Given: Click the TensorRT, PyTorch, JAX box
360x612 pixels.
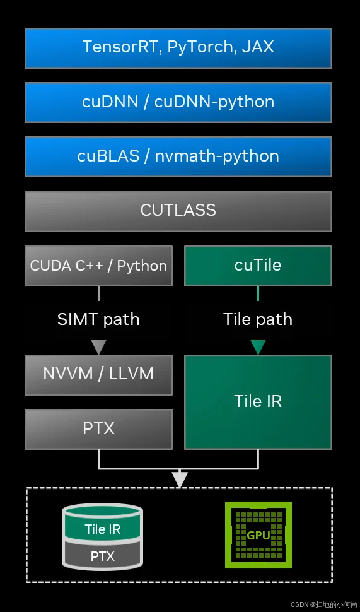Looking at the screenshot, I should click(x=178, y=47).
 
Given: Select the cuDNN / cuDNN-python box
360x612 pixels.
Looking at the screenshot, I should click(x=178, y=102).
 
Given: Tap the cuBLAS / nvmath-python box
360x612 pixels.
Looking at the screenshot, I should click(x=178, y=156).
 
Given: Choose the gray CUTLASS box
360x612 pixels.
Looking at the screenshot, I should click(x=178, y=211).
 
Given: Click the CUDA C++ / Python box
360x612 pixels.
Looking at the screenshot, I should click(x=98, y=266).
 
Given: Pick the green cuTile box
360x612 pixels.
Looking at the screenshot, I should click(x=258, y=266).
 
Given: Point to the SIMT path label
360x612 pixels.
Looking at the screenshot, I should click(x=98, y=319).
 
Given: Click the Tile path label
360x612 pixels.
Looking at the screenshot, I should click(x=258, y=319).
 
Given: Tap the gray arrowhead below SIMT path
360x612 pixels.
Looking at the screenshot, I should click(x=98, y=347).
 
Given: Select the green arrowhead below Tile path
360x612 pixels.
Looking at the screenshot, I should click(x=258, y=347).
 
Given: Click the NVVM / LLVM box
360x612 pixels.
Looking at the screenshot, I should click(x=98, y=374).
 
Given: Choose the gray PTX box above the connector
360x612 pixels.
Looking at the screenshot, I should click(x=98, y=429).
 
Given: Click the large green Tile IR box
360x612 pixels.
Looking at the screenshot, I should click(x=258, y=401).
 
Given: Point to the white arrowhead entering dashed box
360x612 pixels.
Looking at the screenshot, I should click(x=180, y=480).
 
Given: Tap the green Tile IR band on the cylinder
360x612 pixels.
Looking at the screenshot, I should click(x=102, y=529).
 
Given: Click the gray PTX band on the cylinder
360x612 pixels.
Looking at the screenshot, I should click(x=102, y=556).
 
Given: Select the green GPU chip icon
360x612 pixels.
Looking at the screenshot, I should click(x=258, y=535).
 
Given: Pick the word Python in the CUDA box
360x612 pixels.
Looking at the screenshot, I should click(x=142, y=266).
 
